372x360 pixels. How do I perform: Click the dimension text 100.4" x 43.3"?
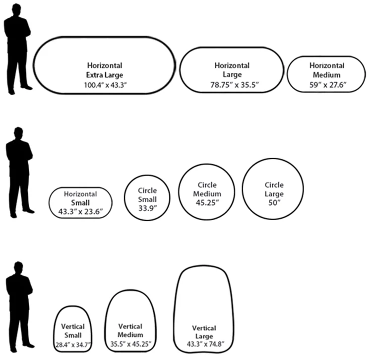[104, 85]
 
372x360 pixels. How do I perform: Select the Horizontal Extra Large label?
[104, 70]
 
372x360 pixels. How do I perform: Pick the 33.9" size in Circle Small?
[147, 208]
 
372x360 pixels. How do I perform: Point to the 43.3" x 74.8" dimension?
[204, 344]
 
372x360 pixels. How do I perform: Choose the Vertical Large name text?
[204, 332]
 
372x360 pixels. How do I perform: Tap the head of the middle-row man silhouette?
[18, 134]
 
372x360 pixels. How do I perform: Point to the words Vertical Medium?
[130, 330]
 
